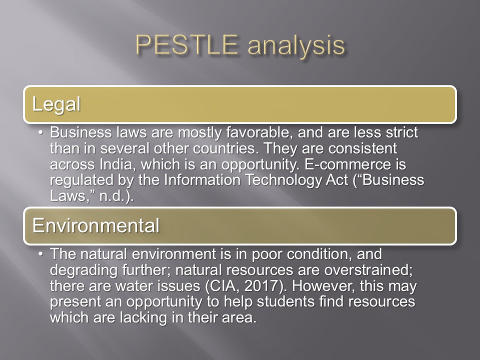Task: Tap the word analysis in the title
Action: [296, 45]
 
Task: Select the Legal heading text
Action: [56, 104]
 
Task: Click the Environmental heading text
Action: [96, 225]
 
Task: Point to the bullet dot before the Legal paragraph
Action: [40, 132]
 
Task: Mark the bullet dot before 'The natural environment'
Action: [40, 254]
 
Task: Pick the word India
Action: [115, 164]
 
